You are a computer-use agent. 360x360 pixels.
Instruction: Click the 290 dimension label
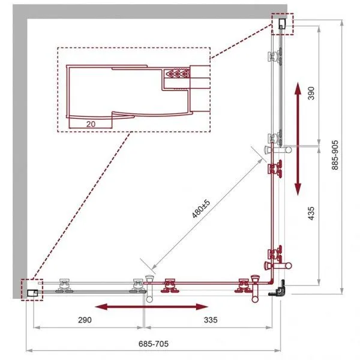pyautogui.click(x=85, y=320)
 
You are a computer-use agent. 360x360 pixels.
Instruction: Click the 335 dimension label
pyautogui.click(x=211, y=320)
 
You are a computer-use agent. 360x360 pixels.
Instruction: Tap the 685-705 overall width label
pyautogui.click(x=154, y=344)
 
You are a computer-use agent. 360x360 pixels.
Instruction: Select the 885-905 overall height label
pyautogui.click(x=335, y=155)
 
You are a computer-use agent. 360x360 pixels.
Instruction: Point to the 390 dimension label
pyautogui.click(x=311, y=93)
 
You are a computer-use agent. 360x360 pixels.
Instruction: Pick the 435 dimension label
pyautogui.click(x=311, y=213)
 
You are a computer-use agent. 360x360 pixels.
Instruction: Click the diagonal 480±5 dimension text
pyautogui.click(x=201, y=209)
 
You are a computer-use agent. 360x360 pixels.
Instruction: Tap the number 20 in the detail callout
pyautogui.click(x=91, y=124)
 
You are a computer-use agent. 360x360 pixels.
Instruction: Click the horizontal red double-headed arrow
pyautogui.click(x=151, y=307)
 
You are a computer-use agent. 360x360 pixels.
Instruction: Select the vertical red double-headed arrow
pyautogui.click(x=298, y=139)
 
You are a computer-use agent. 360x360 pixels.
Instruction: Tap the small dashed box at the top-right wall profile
pyautogui.click(x=283, y=24)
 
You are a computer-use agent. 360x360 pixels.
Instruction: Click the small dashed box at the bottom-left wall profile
pyautogui.click(x=32, y=290)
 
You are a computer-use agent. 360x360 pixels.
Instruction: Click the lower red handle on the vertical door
pyautogui.click(x=278, y=266)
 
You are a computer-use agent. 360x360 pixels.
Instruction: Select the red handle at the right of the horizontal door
pyautogui.click(x=255, y=289)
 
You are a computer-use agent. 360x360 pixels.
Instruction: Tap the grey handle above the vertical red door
pyautogui.click(x=278, y=150)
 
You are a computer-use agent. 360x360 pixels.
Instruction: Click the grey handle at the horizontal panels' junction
pyautogui.click(x=149, y=289)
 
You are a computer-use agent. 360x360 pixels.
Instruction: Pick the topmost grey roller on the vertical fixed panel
pyautogui.click(x=275, y=56)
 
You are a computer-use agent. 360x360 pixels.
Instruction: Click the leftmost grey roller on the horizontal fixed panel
pyautogui.click(x=64, y=286)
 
